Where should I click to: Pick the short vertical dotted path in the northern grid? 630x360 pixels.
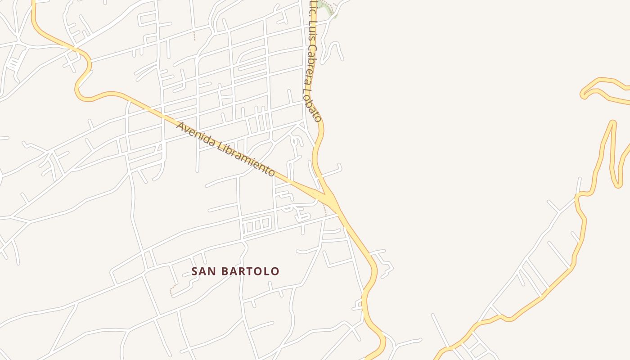click(x=194, y=35)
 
